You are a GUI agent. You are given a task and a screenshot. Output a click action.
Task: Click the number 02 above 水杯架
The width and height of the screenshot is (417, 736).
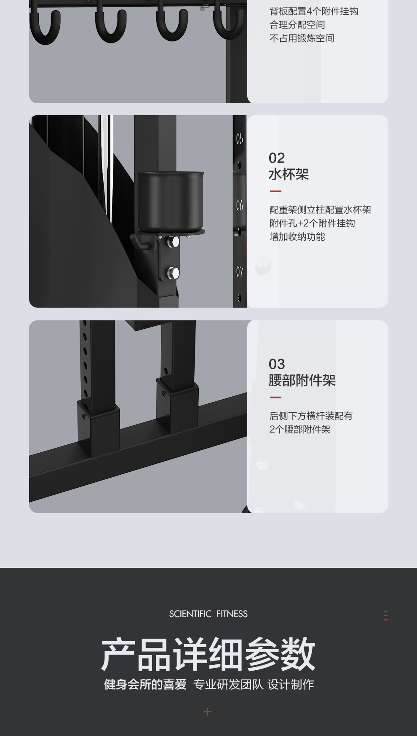277,158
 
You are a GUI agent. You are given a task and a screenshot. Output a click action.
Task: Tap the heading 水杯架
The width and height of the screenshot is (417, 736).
289,174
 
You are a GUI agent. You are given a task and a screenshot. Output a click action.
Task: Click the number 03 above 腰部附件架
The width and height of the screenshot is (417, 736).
277,364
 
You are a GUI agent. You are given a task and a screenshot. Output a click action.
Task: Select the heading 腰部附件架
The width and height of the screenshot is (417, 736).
302,380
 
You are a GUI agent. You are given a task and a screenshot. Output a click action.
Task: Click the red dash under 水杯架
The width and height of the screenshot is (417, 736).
275,191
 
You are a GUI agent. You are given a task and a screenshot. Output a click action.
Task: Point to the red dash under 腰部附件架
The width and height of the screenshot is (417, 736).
275,398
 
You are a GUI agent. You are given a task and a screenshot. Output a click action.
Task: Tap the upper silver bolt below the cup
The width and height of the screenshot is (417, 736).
173,242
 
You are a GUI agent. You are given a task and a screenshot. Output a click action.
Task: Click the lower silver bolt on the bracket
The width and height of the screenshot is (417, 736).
173,273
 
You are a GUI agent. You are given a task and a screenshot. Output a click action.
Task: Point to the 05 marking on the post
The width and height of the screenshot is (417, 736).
240,139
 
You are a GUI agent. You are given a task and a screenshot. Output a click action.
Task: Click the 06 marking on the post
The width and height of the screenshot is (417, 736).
240,205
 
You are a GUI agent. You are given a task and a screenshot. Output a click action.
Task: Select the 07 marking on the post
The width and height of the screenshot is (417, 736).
240,272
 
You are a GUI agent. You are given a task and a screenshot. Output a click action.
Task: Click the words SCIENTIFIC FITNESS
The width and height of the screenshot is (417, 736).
208,614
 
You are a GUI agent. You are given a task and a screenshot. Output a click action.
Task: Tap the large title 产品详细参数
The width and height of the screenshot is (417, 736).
208,654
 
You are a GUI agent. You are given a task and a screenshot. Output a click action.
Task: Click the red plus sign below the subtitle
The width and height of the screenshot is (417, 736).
207,712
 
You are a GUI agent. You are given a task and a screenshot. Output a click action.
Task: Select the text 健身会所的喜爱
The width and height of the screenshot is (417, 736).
145,685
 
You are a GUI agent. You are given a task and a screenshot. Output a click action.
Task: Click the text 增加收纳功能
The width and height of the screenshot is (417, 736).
297,237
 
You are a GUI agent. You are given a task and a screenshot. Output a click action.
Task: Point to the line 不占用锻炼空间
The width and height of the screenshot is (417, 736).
302,38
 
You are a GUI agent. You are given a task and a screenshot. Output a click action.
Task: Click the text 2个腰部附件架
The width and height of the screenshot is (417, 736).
300,430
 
